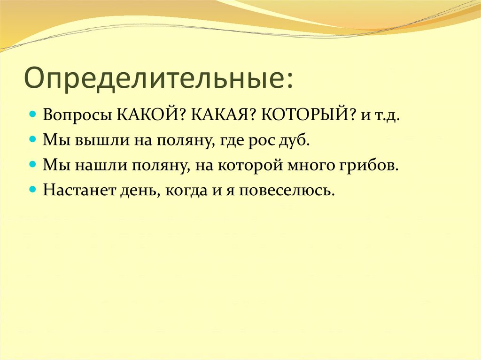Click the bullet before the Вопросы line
[32, 115]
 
